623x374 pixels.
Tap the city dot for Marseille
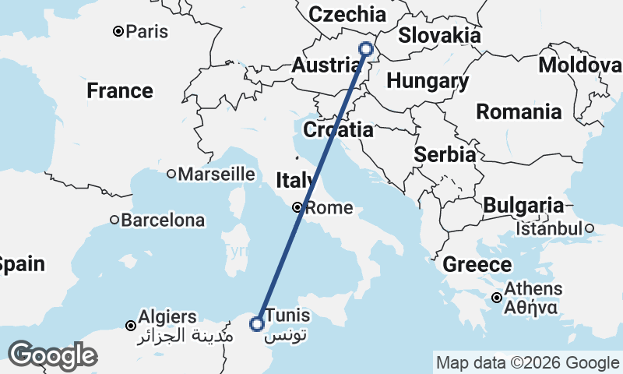[171, 174]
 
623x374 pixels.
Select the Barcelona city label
[162, 221]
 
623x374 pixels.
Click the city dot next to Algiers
[131, 325]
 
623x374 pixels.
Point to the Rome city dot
[297, 207]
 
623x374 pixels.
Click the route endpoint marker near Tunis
[256, 323]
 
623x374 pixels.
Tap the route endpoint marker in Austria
[366, 49]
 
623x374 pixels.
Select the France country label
[120, 91]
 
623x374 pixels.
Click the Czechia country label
[347, 14]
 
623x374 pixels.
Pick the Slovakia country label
[439, 36]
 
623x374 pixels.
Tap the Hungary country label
[428, 81]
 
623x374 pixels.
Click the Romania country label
[519, 111]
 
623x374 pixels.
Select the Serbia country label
[445, 154]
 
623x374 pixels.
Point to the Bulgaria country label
[523, 206]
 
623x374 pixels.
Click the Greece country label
[477, 265]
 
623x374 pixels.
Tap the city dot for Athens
[497, 297]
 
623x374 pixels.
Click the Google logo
[52, 355]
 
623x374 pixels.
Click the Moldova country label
[580, 65]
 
